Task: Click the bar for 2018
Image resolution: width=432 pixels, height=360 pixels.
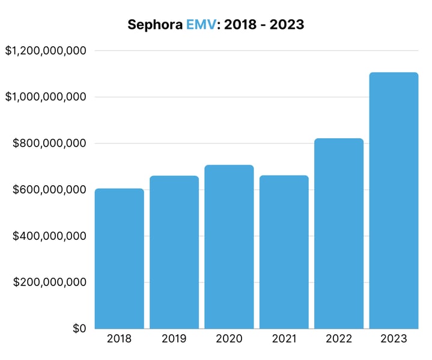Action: coord(119,258)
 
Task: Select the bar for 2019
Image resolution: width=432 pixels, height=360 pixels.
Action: coord(174,252)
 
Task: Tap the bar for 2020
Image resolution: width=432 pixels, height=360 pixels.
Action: coord(229,246)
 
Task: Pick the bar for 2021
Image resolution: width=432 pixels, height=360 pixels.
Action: coord(284,252)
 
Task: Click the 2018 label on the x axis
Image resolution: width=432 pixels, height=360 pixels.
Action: coord(119,339)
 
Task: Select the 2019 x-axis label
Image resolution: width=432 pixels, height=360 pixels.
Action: coord(174,339)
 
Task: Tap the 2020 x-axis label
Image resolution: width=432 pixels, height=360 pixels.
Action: coord(229,339)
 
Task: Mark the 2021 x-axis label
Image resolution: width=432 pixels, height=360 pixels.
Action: coord(284,339)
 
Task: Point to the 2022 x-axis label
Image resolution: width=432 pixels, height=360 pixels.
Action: coord(339,339)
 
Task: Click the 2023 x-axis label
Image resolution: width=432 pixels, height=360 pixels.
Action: coord(394,339)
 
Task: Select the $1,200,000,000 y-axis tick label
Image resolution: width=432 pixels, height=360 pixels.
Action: coord(46,51)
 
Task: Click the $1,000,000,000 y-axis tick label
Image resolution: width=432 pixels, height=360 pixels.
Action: coord(46,97)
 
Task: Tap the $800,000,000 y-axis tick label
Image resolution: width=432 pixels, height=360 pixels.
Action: coord(50,144)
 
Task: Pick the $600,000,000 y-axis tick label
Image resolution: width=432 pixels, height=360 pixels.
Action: coord(50,190)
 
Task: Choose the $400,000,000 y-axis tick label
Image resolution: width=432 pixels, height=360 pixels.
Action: coord(50,236)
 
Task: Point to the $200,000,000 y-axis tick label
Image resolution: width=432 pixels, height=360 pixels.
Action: coord(50,282)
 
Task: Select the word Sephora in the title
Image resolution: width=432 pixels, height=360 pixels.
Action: coord(155,25)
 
